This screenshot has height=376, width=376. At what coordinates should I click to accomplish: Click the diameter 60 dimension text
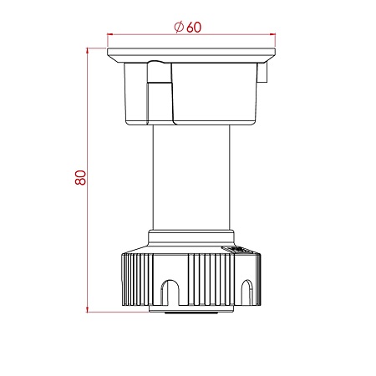click(187, 27)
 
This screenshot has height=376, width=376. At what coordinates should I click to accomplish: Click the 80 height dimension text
click(80, 177)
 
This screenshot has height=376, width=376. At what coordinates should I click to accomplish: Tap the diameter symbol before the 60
click(179, 27)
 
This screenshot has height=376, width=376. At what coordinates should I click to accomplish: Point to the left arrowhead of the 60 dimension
click(109, 34)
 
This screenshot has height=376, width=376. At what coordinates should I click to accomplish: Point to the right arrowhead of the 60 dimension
click(272, 34)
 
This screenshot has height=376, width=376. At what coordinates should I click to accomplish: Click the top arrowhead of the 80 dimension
click(87, 50)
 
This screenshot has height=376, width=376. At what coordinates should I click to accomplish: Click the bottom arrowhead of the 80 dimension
click(87, 309)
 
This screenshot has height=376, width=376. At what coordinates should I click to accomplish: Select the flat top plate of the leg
click(191, 55)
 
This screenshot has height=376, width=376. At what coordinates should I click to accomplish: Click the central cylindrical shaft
click(191, 177)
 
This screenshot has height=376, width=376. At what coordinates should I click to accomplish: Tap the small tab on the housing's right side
click(262, 72)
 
